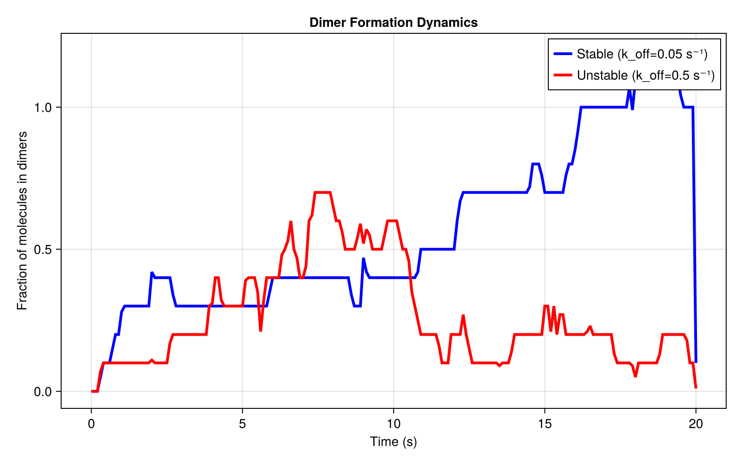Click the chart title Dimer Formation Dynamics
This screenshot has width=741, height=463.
[393, 22]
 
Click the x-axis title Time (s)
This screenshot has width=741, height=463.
[393, 442]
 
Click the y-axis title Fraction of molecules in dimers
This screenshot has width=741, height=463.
[22, 220]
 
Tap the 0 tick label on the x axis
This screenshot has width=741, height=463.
[91, 424]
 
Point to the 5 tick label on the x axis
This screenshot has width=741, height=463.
[242, 424]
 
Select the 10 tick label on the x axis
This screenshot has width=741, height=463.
[393, 424]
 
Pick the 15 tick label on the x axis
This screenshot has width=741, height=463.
[545, 424]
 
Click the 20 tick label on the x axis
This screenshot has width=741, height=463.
[696, 424]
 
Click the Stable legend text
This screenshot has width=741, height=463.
[642, 54]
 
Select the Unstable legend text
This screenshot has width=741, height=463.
[646, 75]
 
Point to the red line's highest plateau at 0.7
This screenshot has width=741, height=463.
[322, 192]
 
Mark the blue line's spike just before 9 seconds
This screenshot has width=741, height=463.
[364, 258]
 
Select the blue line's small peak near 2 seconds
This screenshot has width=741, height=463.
[152, 273]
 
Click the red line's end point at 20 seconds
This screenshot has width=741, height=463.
[696, 388]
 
